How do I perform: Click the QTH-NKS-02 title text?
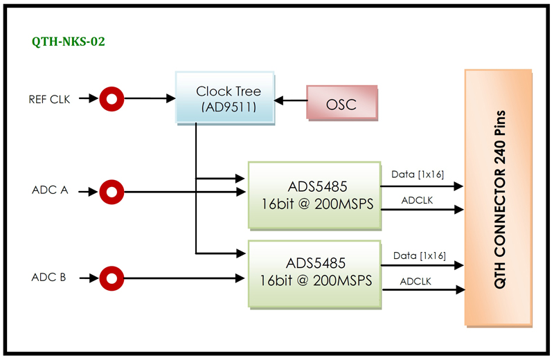[x=69, y=42]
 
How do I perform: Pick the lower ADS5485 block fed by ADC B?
[x=314, y=273]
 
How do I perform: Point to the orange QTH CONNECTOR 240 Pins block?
[x=499, y=197]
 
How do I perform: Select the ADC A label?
[x=50, y=190]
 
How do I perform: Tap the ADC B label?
[x=49, y=278]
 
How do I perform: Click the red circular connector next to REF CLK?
[x=110, y=99]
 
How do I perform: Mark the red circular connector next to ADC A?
[x=110, y=190]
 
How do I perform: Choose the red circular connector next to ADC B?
[x=110, y=279]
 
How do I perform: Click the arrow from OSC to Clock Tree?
[x=290, y=101]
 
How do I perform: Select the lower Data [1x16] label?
[x=420, y=255]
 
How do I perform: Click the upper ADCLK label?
[x=417, y=200]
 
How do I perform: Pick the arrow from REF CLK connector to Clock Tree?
[x=148, y=99]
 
